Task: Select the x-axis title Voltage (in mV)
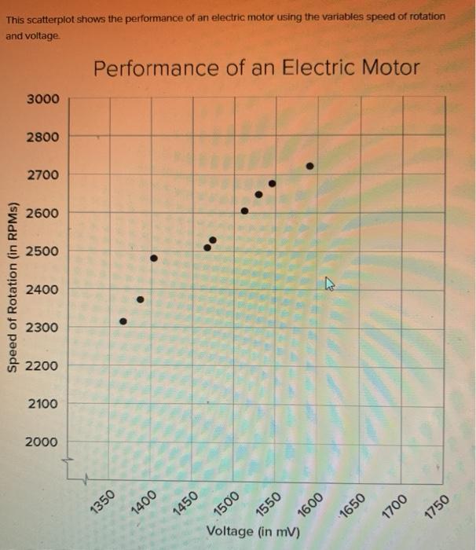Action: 253,531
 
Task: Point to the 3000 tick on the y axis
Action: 42,99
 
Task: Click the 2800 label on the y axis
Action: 42,137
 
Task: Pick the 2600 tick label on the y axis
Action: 42,213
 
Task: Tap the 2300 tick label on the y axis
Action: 42,327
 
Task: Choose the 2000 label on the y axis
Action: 42,442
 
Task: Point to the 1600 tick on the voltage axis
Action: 311,500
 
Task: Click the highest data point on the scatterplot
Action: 310,166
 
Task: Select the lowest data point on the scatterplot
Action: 123,321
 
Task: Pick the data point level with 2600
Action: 244,211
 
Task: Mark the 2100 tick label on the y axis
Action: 42,403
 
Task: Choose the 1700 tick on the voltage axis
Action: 395,500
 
